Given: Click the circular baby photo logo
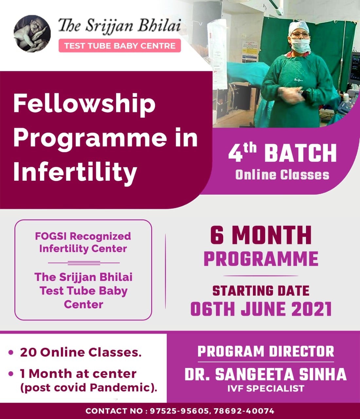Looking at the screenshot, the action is click(32, 34).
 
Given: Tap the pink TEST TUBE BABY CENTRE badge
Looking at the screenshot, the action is click(119, 46).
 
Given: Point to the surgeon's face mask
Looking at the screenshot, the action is click(301, 46).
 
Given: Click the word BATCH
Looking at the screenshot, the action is click(300, 154).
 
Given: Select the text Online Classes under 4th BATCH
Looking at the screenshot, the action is click(282, 175).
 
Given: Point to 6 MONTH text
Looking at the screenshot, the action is click(261, 235).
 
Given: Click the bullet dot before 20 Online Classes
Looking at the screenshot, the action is click(11, 352).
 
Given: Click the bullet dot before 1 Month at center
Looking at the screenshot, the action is click(11, 373).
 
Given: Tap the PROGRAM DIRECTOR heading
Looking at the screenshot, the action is click(266, 351).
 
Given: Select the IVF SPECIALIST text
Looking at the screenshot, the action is click(266, 389).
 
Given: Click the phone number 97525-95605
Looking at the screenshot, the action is click(179, 411).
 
